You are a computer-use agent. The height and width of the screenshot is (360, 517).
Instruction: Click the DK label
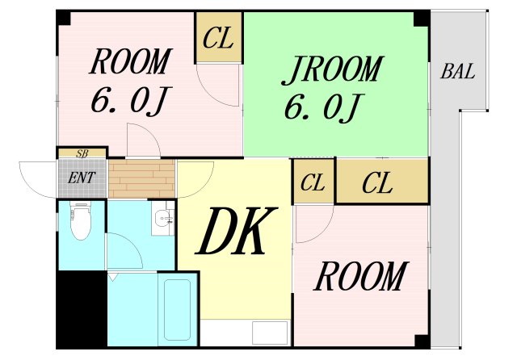234,232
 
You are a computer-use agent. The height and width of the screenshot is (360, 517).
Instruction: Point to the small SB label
82,153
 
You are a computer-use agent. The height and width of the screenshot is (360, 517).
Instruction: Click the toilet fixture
80,223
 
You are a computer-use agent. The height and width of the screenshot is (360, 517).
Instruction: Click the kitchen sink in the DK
269,332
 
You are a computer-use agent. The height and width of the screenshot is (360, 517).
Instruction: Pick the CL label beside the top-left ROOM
219,37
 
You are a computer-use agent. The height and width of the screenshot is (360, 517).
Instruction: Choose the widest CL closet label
377,183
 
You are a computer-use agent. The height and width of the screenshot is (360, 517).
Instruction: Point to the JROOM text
331,70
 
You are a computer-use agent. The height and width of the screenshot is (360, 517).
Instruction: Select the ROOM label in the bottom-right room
359,277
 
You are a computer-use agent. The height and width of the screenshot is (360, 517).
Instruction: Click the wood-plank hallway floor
141,178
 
